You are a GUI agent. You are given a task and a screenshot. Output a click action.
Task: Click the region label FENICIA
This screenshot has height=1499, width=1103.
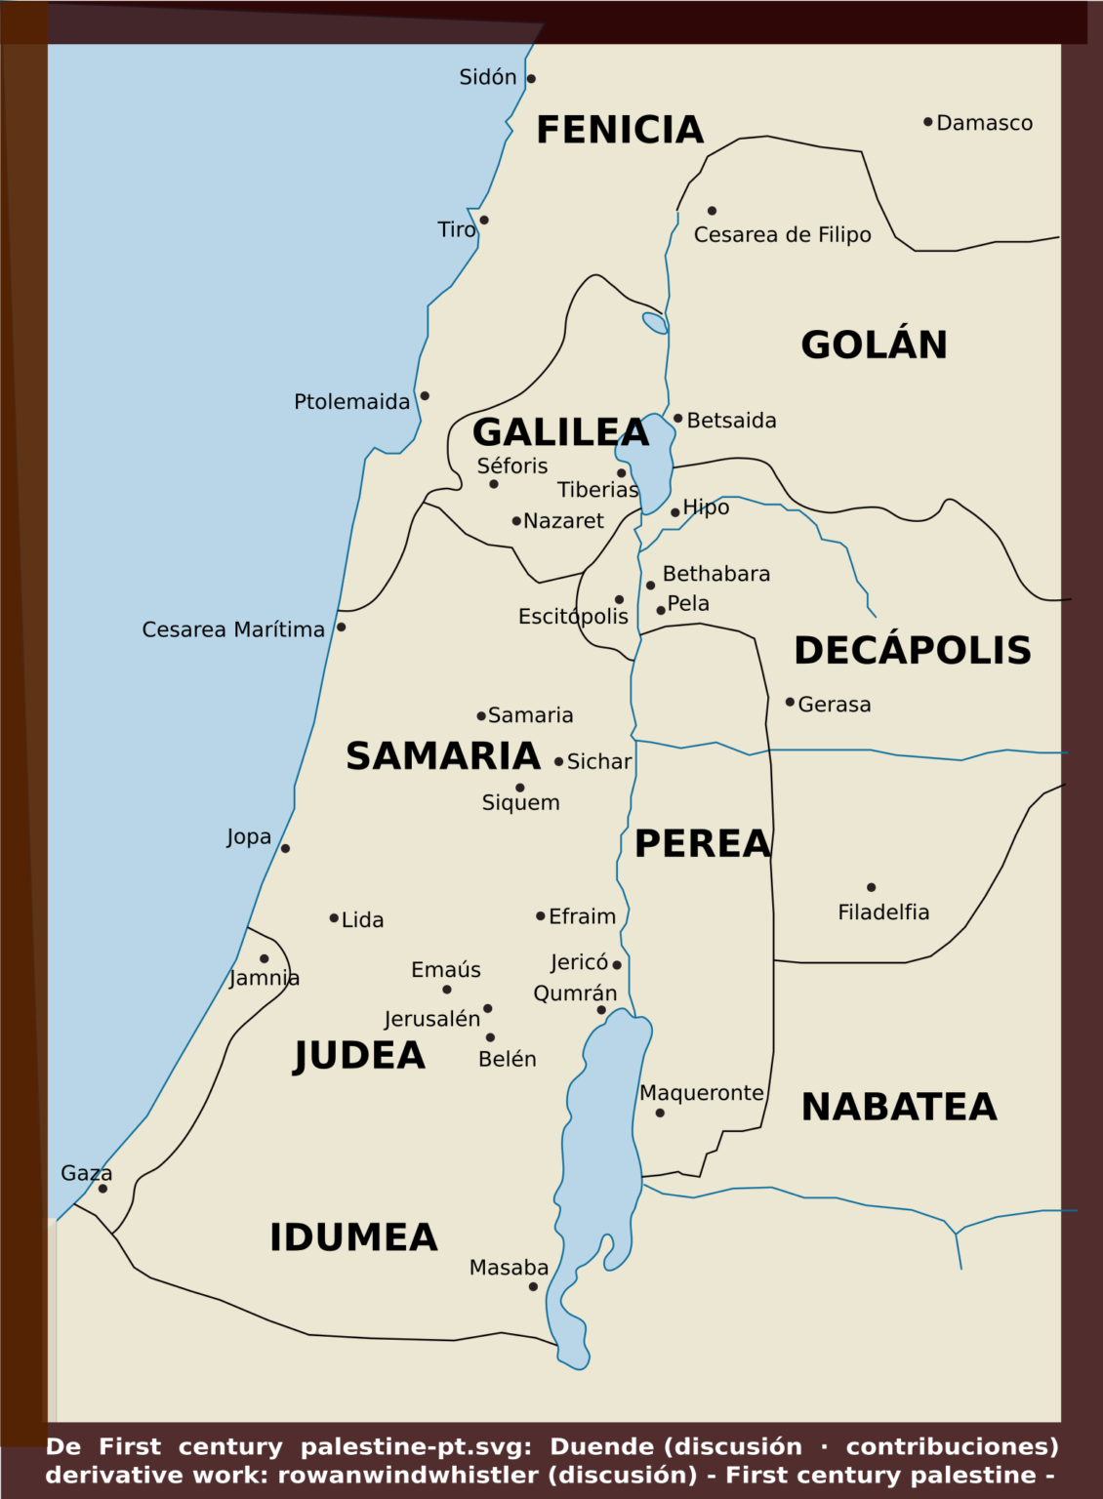coord(620,130)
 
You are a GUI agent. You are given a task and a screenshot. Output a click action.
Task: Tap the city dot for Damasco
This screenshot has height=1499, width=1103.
coord(927,122)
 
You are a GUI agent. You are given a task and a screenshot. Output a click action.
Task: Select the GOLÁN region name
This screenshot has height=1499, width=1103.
coord(874,344)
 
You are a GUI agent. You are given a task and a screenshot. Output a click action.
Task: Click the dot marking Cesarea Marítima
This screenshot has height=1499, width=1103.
coord(341,627)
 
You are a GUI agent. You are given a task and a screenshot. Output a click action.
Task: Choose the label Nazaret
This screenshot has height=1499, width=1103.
coord(563,521)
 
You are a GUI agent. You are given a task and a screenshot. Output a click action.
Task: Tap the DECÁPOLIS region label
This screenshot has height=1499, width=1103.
coord(912,650)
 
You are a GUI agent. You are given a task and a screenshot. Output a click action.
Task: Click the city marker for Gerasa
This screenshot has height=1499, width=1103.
coord(790,702)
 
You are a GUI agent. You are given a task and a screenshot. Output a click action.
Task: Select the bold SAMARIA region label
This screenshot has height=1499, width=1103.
coord(443,756)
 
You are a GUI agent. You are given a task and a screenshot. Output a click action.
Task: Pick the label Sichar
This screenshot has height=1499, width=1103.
coord(598,761)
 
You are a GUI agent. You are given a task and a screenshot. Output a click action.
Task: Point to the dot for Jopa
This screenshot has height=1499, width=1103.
coord(285,848)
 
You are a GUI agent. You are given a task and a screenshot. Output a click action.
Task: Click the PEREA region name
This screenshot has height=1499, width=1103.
coord(703,844)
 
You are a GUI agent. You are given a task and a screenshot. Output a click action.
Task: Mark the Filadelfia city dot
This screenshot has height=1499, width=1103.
coord(871,887)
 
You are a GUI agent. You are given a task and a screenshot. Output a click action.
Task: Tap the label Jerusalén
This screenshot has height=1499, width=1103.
coord(431,1019)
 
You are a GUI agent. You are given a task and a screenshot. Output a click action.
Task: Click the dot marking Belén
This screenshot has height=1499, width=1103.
coord(490,1037)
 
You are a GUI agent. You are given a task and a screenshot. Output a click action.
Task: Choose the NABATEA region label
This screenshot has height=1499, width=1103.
coord(899,1107)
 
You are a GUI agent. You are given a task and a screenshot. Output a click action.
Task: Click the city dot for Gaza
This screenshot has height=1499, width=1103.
coord(102,1189)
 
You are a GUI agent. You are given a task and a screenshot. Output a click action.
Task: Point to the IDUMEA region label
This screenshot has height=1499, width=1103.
coord(353,1237)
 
